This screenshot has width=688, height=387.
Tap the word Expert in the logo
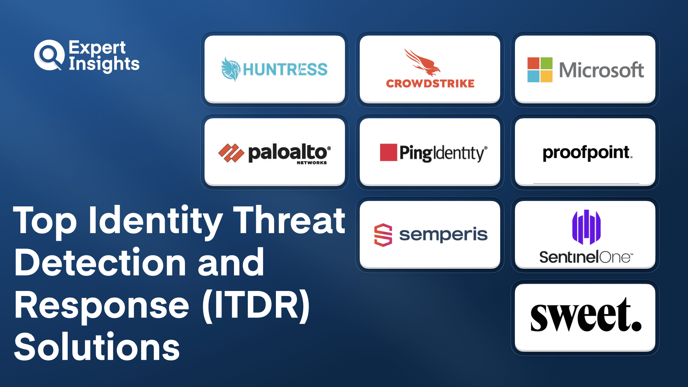97,48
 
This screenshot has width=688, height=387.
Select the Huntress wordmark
285,70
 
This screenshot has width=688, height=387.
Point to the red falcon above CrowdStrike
423,62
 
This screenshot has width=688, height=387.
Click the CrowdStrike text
430,83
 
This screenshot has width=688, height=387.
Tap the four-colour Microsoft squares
540,70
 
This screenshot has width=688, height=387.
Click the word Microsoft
601,70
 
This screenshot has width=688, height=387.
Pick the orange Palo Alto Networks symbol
231,153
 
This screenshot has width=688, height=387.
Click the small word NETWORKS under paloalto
312,163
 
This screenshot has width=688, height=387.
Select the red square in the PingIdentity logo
388,152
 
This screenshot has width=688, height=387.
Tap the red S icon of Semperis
383,235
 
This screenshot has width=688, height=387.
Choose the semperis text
443,235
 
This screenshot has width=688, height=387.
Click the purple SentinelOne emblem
586,227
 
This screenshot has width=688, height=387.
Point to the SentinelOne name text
586,257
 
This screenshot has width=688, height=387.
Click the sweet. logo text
586,315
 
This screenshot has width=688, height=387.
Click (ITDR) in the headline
256,305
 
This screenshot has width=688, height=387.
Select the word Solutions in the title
97,347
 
